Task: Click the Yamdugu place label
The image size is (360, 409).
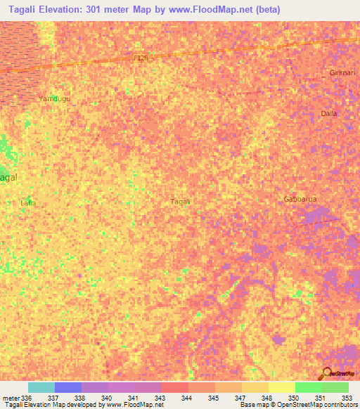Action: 54,99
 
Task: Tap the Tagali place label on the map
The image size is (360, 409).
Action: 181,202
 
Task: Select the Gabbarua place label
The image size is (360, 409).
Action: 300,199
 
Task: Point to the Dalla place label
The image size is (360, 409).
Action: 329,113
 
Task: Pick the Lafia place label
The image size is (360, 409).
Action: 28,203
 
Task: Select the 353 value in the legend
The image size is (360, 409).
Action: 347,398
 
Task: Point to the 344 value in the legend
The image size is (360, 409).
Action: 186,398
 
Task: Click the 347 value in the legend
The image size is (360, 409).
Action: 240,398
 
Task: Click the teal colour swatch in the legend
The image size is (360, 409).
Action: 41,387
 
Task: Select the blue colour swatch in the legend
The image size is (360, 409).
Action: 68,387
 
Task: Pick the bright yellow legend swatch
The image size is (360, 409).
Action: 281,387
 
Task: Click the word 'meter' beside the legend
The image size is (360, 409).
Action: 10,398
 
